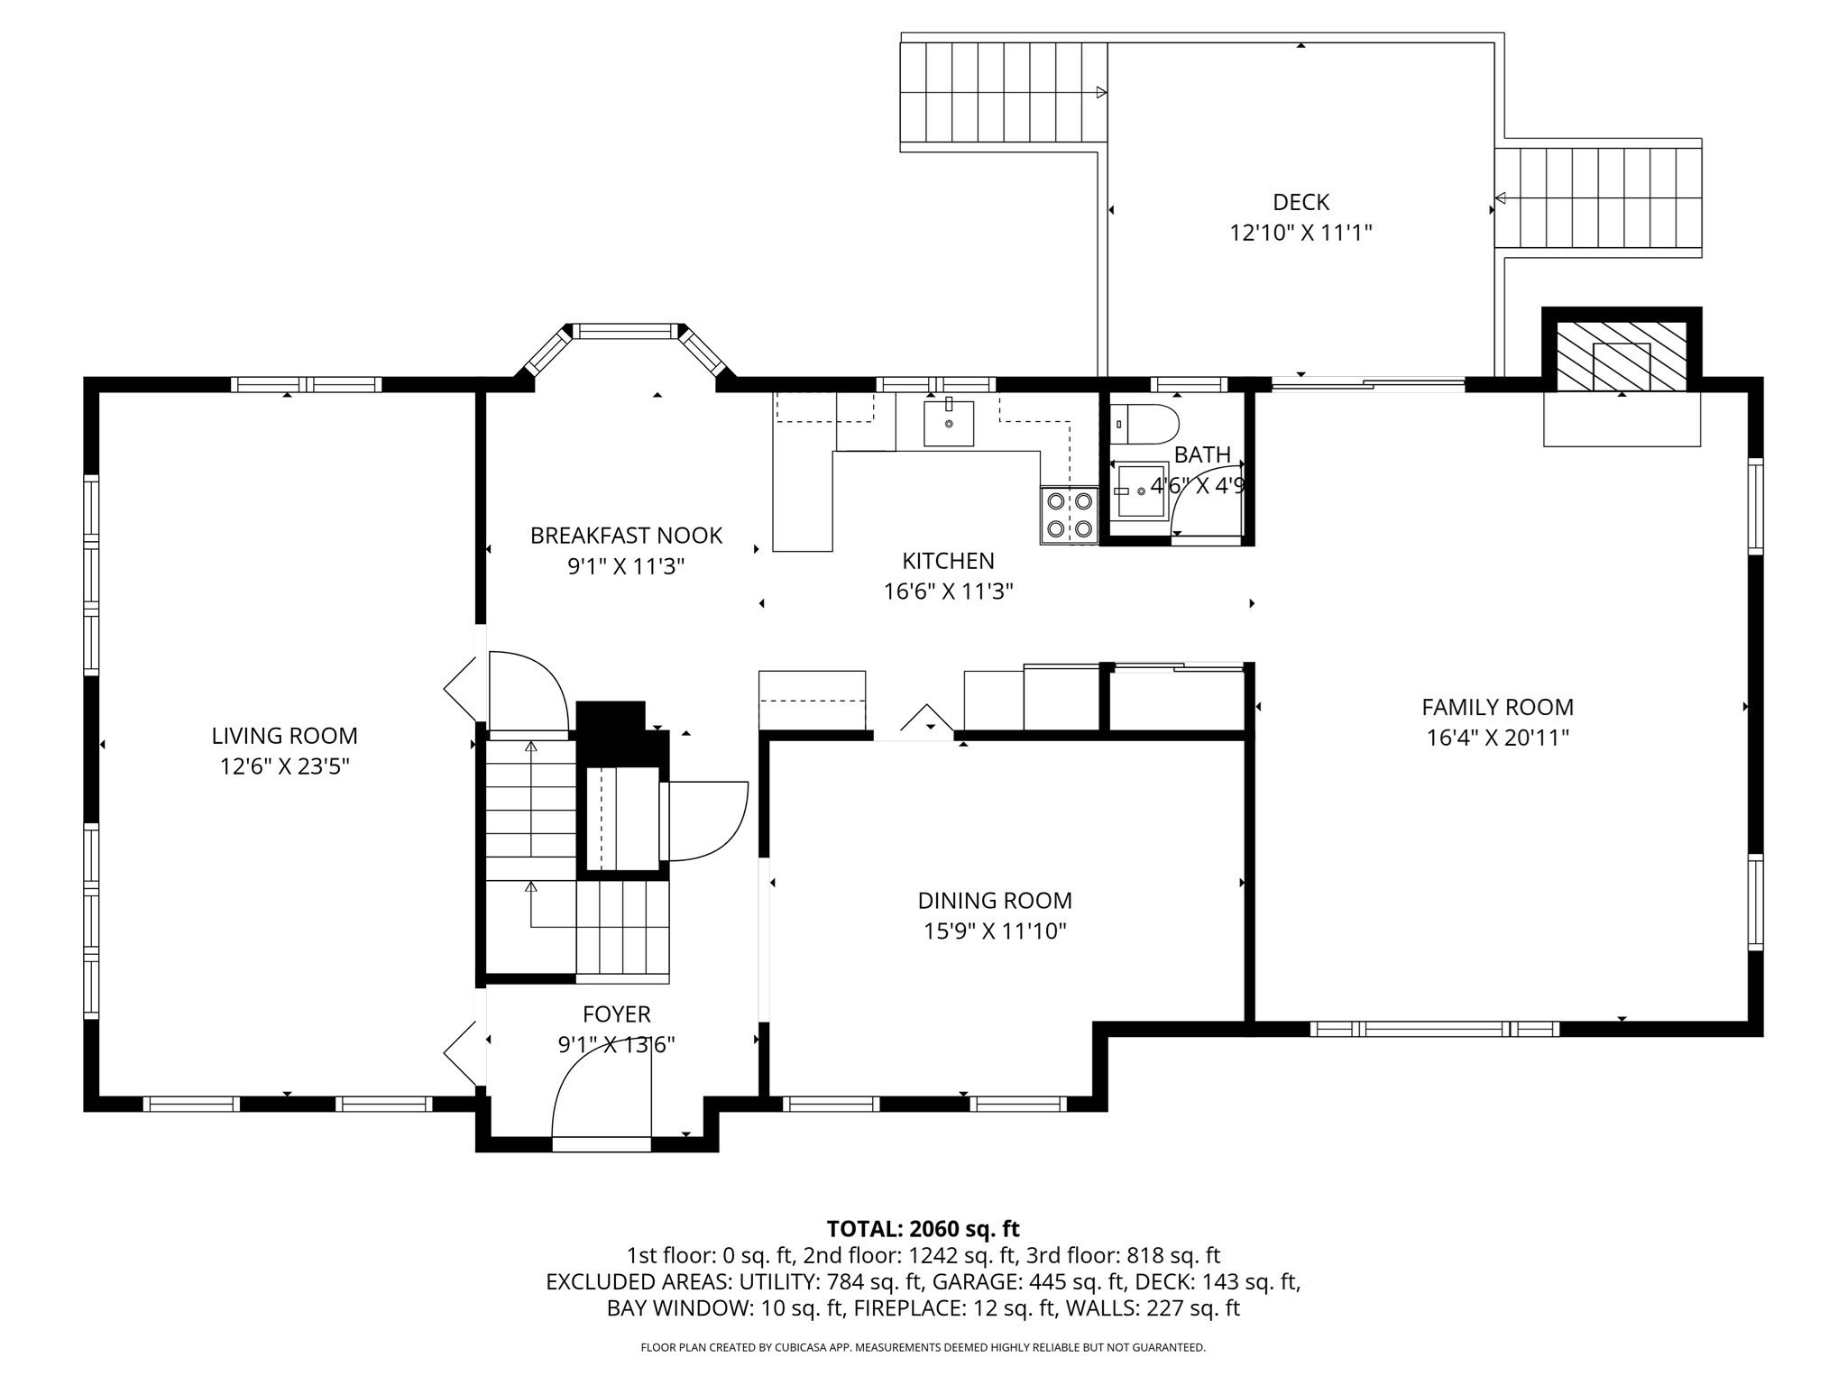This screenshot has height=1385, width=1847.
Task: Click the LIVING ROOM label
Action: point(284,736)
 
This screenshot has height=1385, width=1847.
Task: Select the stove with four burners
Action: point(1069,516)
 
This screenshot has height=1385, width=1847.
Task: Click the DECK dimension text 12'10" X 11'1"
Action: point(1300,234)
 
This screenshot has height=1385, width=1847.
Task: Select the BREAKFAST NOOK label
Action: point(626,536)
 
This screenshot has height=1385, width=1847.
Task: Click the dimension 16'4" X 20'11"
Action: point(1497,738)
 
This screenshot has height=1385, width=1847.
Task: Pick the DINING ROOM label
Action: point(994,901)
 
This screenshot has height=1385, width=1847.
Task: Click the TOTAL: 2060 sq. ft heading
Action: point(923,1229)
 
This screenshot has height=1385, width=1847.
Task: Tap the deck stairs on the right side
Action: point(1598,197)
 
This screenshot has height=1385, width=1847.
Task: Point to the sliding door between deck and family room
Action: point(1367,385)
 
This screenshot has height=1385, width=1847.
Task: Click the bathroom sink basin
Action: point(1141,490)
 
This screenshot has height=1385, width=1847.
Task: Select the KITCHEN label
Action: point(948,561)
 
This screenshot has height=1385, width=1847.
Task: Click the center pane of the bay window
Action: point(628,331)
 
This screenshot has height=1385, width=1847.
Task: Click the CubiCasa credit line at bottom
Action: point(923,1347)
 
